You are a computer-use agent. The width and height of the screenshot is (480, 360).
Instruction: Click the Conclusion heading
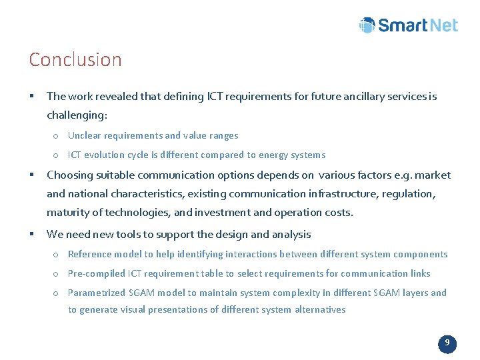pyautogui.click(x=75, y=59)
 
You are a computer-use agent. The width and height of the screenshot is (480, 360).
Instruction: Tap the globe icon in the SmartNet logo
pyautogui.click(x=367, y=25)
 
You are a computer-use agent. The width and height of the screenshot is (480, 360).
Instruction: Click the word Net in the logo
pyautogui.click(x=441, y=25)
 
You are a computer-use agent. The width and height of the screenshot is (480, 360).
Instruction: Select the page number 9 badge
pyautogui.click(x=447, y=344)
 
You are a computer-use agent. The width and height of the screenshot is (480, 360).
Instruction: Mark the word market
pyautogui.click(x=433, y=175)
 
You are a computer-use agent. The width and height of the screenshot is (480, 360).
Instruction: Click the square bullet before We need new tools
pyautogui.click(x=32, y=234)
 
